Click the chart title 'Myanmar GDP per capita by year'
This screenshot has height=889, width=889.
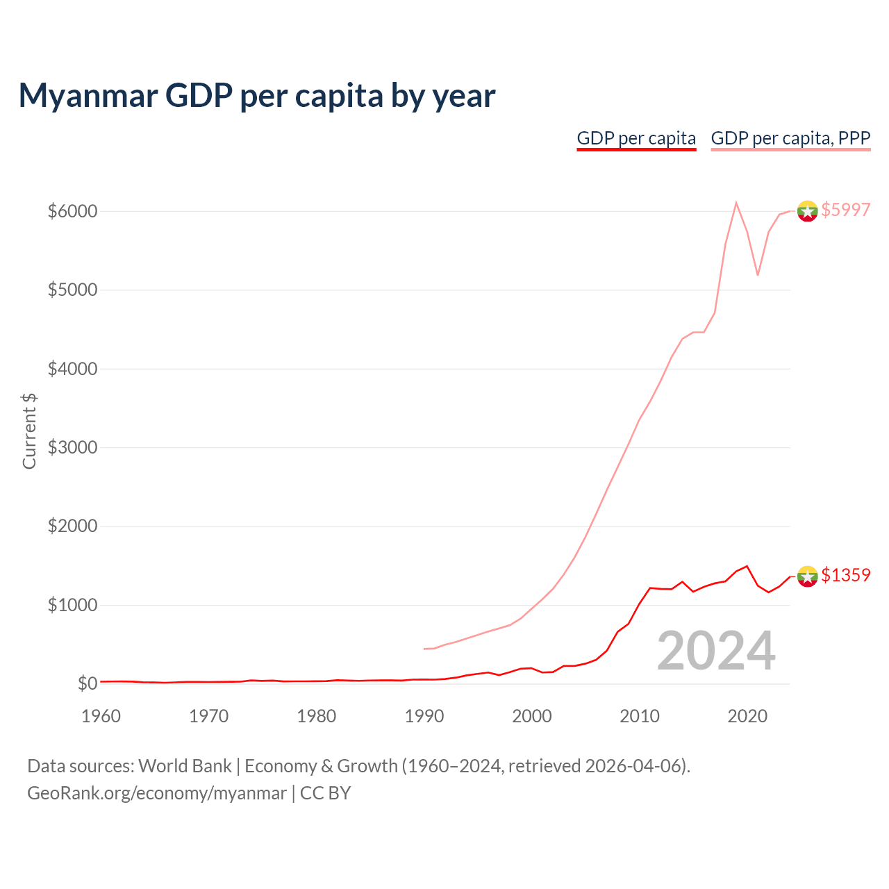(256, 95)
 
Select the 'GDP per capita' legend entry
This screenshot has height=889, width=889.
(636, 138)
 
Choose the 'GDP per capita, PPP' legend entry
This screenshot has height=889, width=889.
(790, 138)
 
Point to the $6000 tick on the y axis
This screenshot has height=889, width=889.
(72, 211)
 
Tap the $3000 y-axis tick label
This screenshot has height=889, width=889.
(72, 447)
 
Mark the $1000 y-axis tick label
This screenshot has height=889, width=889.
(72, 605)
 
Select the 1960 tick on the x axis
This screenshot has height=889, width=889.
(101, 716)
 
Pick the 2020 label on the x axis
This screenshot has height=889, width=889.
(747, 716)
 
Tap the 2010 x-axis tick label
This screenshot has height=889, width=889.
(639, 716)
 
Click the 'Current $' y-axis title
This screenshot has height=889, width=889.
(29, 431)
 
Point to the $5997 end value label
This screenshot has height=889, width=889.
(845, 210)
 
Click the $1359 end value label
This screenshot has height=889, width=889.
(845, 575)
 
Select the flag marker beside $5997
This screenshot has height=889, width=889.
(807, 210)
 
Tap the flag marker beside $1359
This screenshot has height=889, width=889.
(807, 576)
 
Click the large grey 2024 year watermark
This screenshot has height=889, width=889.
(715, 651)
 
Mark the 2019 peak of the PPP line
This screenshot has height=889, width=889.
(736, 203)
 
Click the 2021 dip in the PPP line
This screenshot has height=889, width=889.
(758, 275)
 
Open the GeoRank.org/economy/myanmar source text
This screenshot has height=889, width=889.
(156, 793)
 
